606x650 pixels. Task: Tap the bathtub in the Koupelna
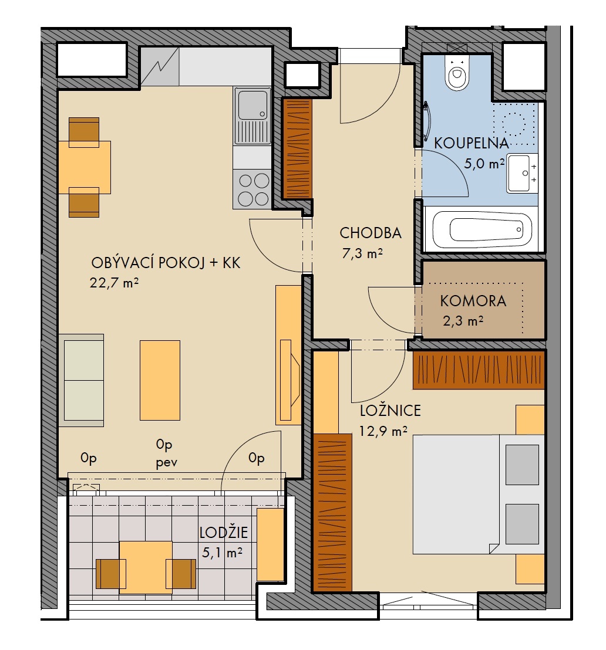point(482,229)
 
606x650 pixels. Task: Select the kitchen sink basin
point(253,104)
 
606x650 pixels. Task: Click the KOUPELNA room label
point(471,143)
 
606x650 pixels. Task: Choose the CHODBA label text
point(371,233)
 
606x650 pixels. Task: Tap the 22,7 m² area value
point(114,283)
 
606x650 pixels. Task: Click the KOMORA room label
point(473,301)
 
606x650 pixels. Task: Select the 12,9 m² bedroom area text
point(383,431)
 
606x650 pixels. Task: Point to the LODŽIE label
point(223,532)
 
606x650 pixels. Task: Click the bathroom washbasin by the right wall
point(520,173)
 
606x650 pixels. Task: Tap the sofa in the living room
point(82,381)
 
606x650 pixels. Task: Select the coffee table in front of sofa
point(160,381)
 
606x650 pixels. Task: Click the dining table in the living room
point(84,167)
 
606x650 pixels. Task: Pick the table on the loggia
point(146,567)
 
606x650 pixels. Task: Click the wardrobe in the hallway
point(297,148)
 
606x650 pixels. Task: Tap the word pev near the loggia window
point(166,462)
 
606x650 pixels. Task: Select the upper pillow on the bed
point(522,465)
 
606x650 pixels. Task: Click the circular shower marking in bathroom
point(514,124)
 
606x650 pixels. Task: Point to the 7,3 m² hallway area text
point(362,253)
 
